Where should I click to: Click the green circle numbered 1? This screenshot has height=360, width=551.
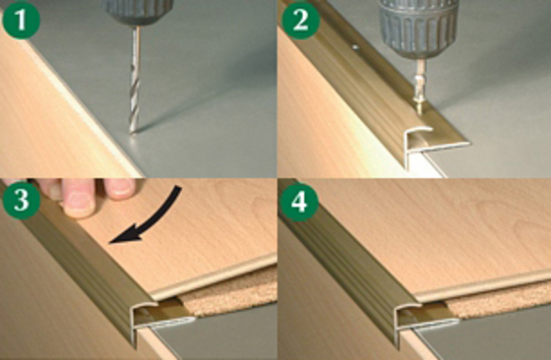click(x=21, y=20)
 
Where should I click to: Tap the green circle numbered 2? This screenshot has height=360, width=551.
click(x=301, y=20)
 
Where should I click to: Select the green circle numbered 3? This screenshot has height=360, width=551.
click(x=21, y=201)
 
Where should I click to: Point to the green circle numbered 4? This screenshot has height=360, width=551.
click(x=299, y=202)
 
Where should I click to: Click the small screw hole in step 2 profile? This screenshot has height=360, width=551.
click(x=355, y=46)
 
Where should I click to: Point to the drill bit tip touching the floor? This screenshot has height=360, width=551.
click(x=133, y=132)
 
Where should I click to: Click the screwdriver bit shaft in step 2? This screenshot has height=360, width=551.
click(x=420, y=76)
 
